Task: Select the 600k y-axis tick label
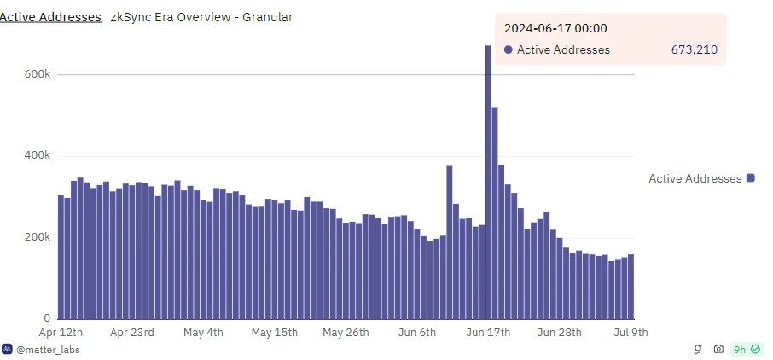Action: (38, 75)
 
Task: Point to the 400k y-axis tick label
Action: (38, 156)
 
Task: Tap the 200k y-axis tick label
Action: (38, 237)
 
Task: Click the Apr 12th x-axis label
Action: (61, 332)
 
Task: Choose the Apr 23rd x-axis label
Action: (131, 332)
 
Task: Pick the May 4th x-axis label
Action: (203, 332)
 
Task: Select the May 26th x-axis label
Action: (346, 332)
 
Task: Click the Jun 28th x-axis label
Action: (560, 332)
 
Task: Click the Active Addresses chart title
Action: (51, 17)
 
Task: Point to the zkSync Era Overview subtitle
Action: (201, 17)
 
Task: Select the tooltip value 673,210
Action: (694, 50)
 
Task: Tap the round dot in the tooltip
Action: (509, 50)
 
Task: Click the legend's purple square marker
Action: (751, 178)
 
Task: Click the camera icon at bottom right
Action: (718, 349)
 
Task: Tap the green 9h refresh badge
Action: (746, 349)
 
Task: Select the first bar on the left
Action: (61, 257)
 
